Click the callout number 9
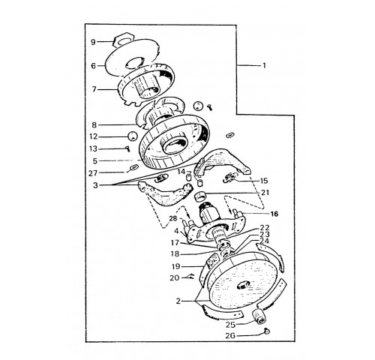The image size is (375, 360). coord(93,42)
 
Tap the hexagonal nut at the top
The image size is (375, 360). coord(123,40)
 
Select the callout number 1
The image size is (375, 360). coord(264,65)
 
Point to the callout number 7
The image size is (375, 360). coord(94,89)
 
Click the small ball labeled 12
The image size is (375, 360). coord(132,136)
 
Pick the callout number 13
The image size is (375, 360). coord(93,148)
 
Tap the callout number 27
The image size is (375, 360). coord(93,173)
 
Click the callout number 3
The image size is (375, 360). coord(95,185)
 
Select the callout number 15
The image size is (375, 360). coord(264,181)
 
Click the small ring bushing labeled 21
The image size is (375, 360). coord(199,196)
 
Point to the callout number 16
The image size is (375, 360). coord(274,214)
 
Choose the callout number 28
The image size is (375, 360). coord(173,218)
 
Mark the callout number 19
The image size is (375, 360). coord(175,266)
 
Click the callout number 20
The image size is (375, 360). coord(175,277)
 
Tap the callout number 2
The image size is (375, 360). coord(178,301)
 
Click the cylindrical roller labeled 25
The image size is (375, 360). coord(258,316)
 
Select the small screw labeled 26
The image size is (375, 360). coord(267,331)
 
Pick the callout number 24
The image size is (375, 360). coord(265,241)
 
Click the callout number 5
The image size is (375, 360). coord(94,160)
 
